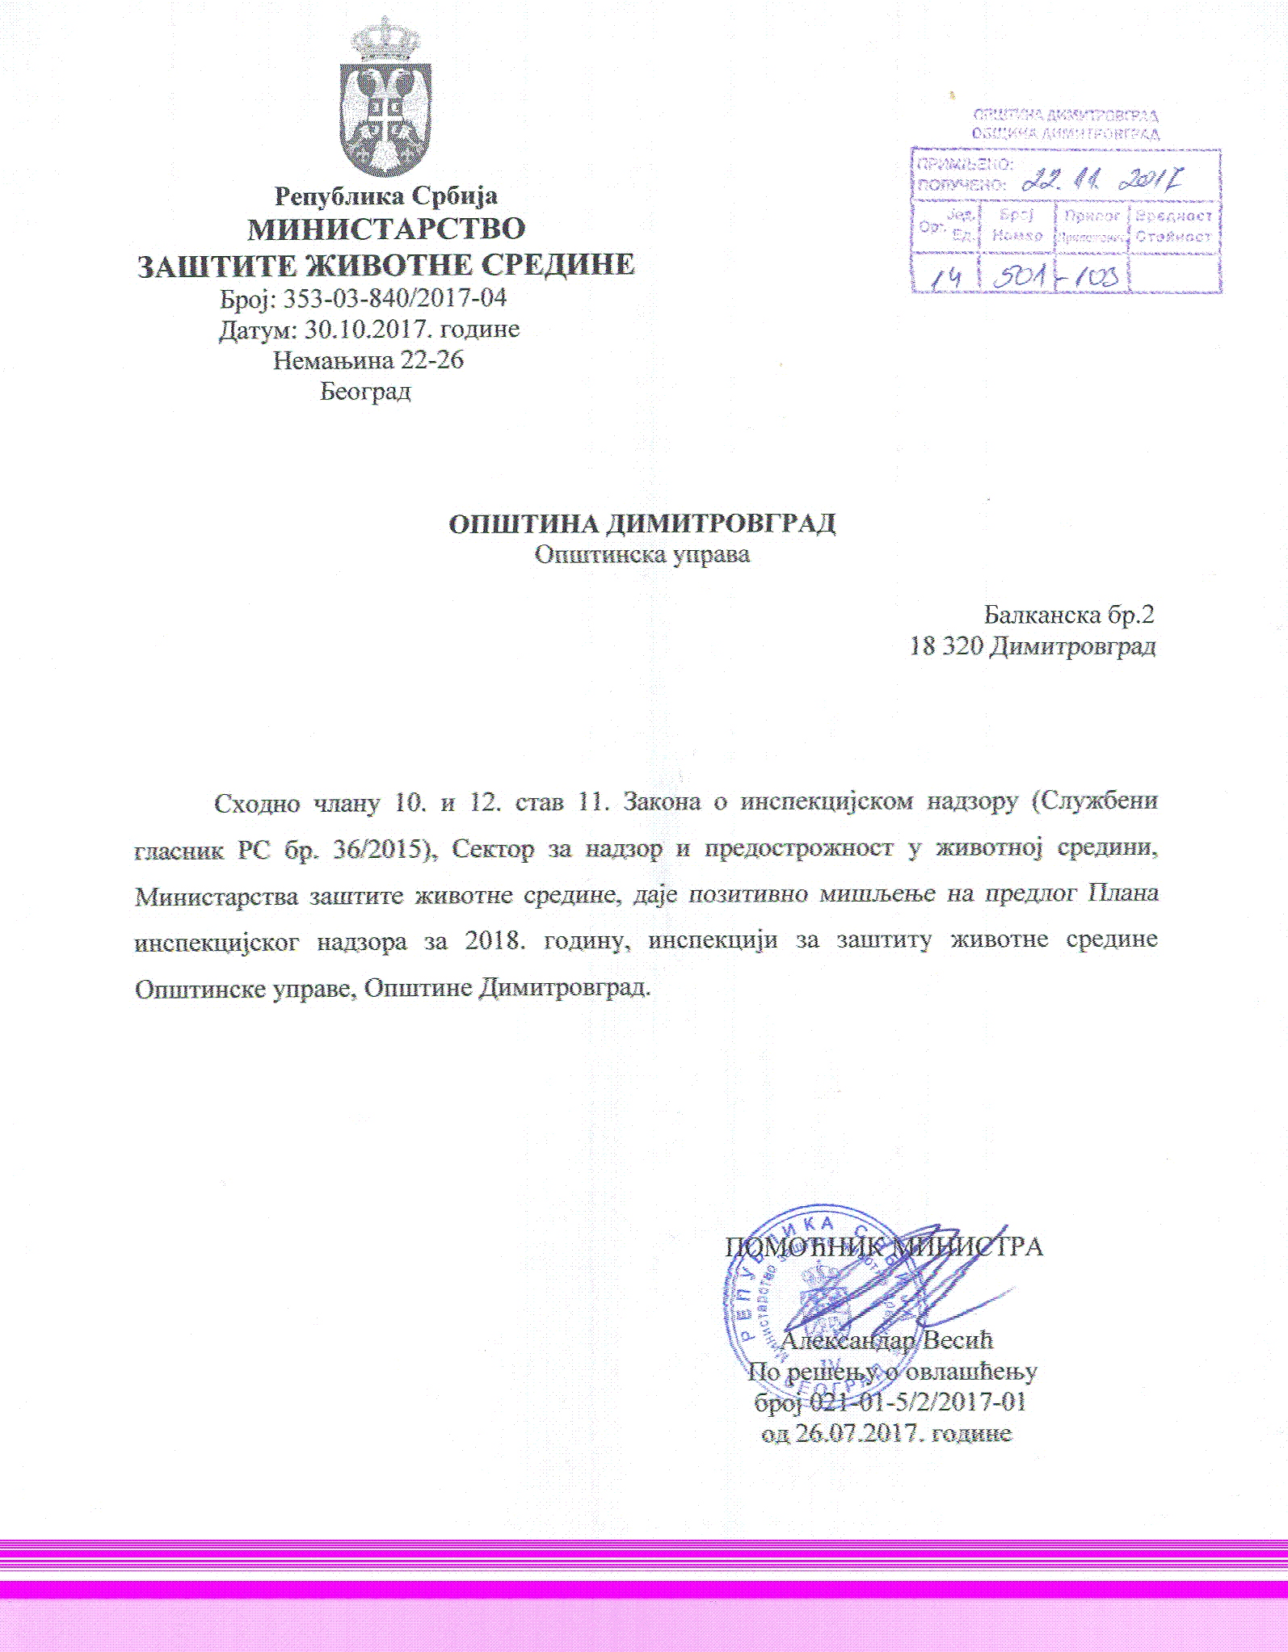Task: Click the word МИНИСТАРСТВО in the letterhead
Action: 386,229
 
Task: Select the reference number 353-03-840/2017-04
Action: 394,298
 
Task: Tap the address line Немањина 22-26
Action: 368,360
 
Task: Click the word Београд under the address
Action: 365,392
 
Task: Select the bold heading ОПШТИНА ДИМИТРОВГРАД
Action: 642,524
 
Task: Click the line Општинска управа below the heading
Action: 642,555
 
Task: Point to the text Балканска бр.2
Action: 1068,616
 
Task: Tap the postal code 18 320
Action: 945,646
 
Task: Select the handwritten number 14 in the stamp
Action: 945,278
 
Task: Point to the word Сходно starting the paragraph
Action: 256,803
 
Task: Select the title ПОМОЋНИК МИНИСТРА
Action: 883,1246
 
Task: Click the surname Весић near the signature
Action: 958,1340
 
